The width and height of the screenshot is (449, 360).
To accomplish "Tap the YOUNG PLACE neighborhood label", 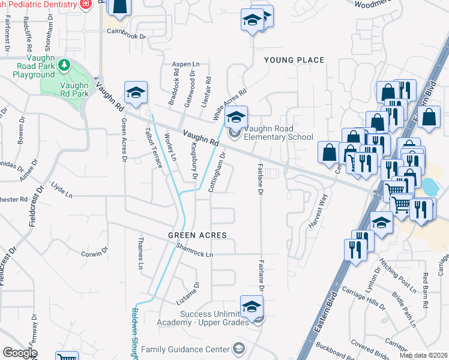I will (x=294, y=60).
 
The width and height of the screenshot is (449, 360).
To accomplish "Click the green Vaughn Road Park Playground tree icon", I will (x=62, y=64).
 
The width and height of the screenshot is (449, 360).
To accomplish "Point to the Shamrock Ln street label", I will (x=194, y=254).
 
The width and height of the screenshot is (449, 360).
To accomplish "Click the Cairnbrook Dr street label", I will (x=126, y=36).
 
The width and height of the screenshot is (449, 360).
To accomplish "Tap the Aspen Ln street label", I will (x=185, y=64).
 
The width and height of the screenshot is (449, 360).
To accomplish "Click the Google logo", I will (x=20, y=353).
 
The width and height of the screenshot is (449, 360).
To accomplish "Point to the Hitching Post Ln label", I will (x=397, y=274).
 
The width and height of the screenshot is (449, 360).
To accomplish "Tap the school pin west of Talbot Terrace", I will (x=136, y=93).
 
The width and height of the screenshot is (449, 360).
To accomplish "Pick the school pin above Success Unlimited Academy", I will (x=252, y=307).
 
